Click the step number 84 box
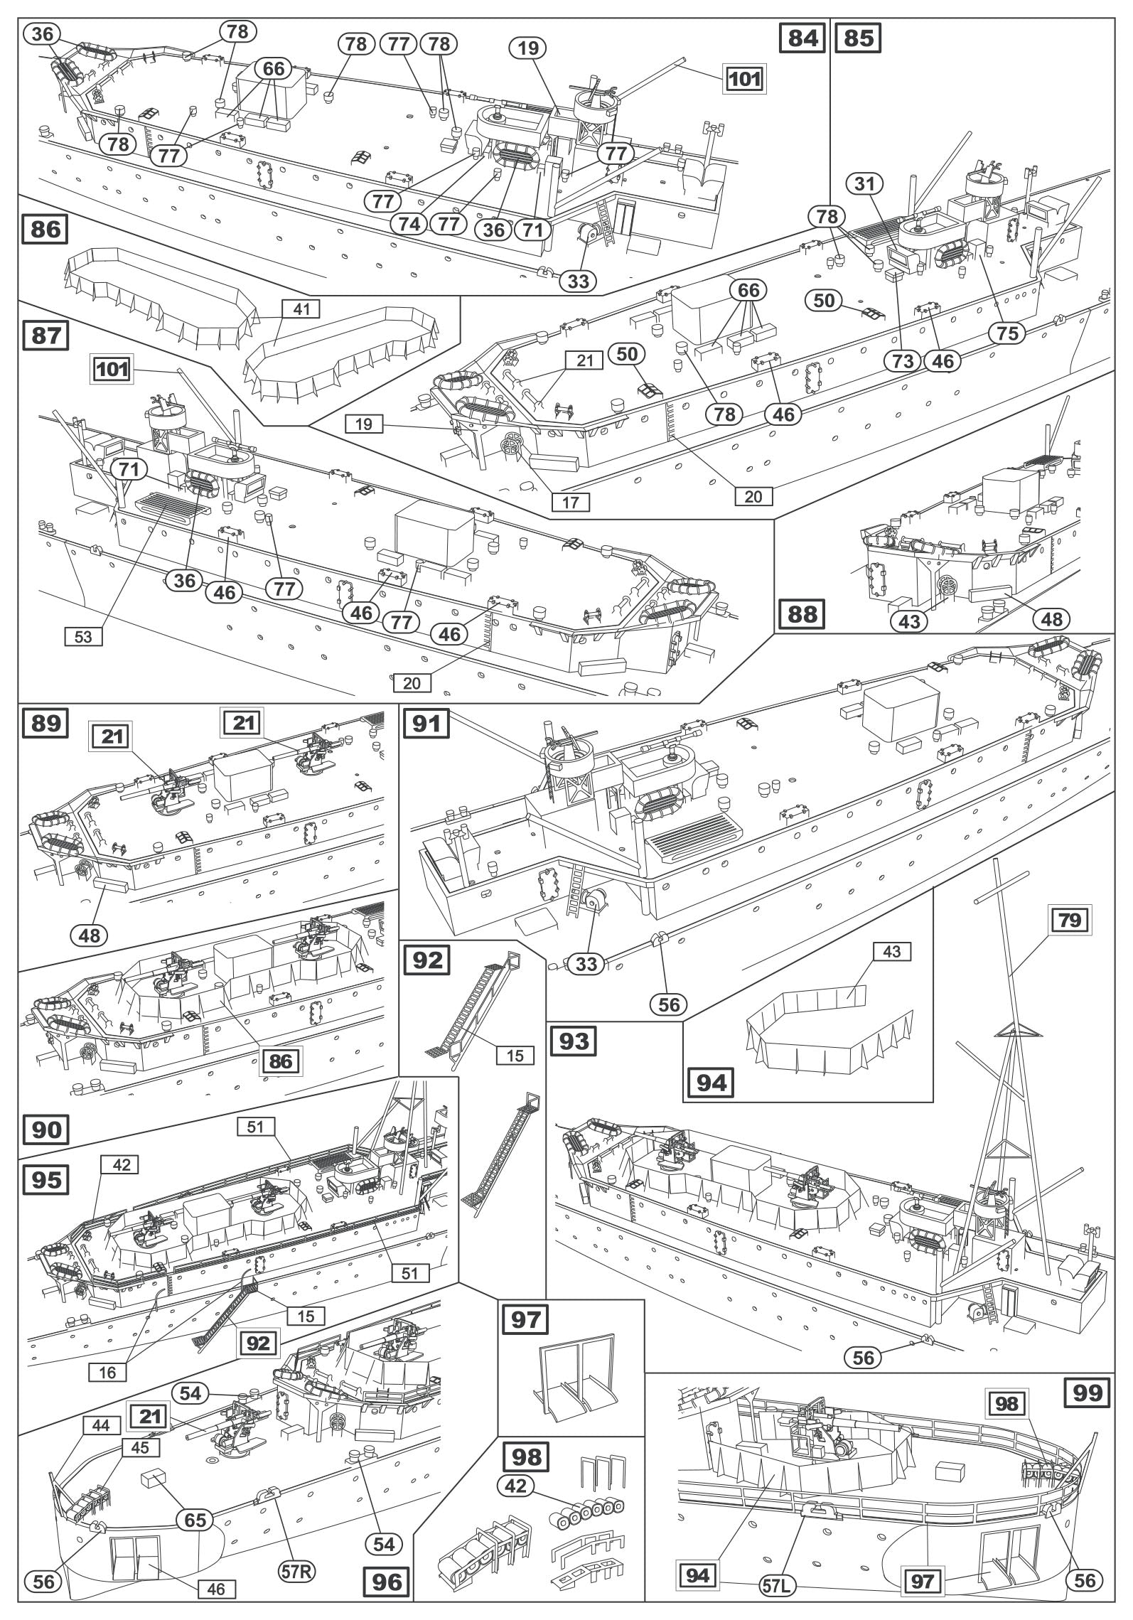[802, 37]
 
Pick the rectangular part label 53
[83, 637]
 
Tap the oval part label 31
[864, 184]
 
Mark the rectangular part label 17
[571, 503]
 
